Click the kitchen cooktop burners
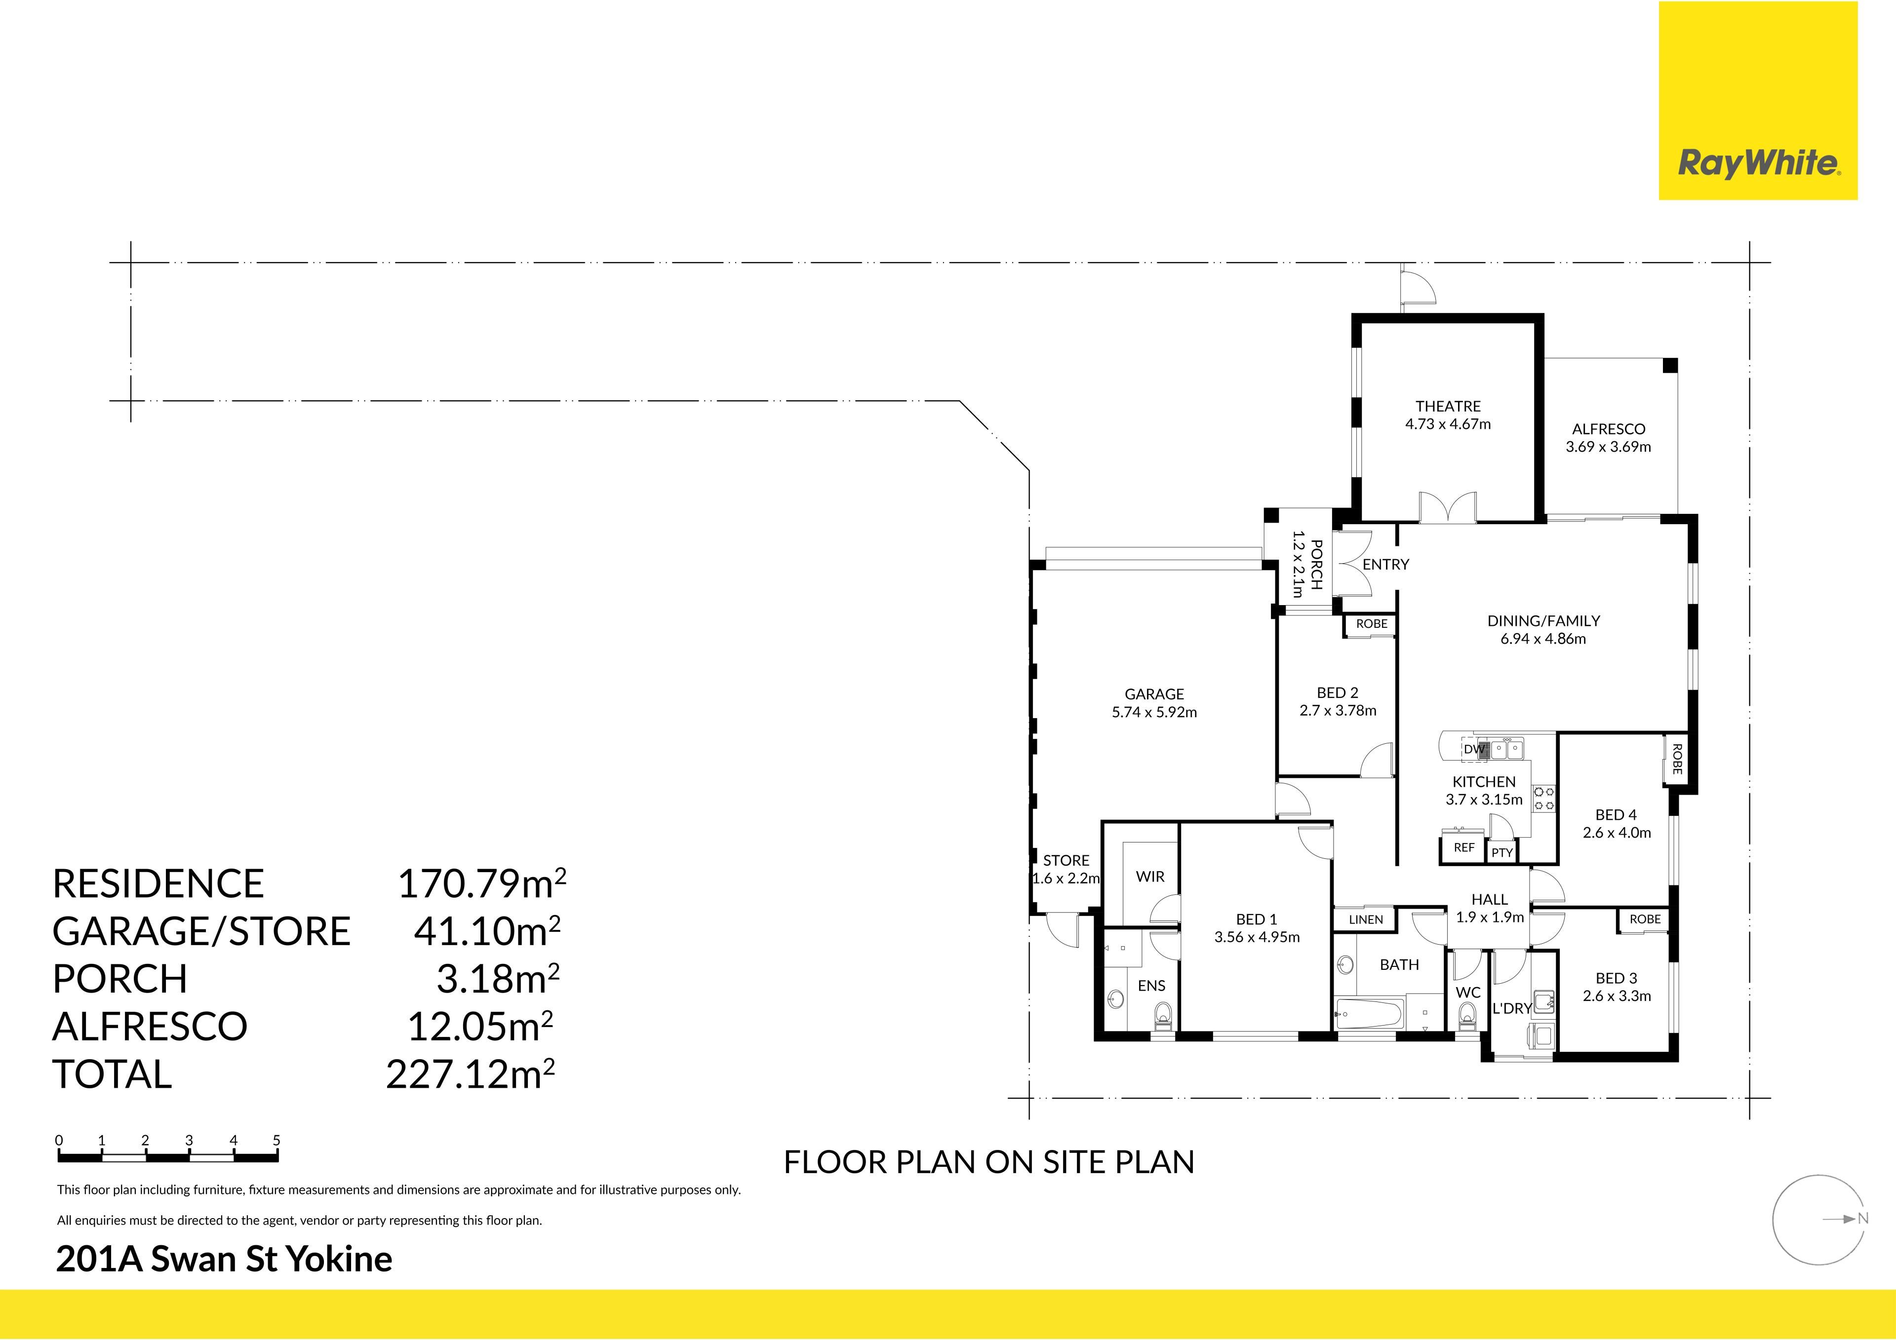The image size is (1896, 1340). click(x=1544, y=799)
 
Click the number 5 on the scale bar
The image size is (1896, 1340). click(x=276, y=1140)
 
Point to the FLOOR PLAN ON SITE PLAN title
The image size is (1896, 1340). click(x=988, y=1162)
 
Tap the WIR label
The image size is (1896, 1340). click(x=1150, y=877)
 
